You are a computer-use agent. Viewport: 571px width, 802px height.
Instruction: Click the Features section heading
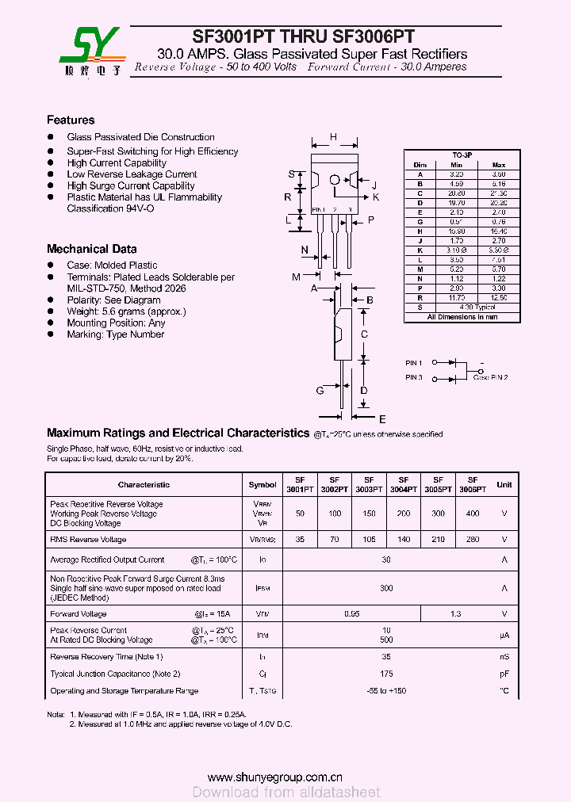click(71, 120)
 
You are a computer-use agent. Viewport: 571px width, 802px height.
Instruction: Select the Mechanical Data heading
click(91, 249)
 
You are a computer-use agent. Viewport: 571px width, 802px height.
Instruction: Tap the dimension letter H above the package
click(334, 137)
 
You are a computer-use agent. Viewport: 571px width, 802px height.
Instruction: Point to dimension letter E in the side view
click(382, 419)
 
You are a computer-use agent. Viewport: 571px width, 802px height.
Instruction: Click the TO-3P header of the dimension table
click(462, 155)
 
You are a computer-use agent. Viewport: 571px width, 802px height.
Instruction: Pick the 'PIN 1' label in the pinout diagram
click(414, 363)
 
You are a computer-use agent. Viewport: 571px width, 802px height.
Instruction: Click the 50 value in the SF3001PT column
click(300, 514)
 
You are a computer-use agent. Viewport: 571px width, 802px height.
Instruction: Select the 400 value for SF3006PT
click(473, 514)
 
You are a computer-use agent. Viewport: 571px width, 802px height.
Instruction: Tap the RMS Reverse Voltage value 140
click(404, 540)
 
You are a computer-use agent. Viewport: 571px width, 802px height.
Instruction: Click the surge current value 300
click(386, 588)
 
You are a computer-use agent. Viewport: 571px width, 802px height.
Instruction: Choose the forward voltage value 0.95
click(352, 614)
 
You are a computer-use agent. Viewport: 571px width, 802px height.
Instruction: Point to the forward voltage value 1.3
click(455, 614)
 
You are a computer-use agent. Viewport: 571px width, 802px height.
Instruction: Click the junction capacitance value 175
click(386, 674)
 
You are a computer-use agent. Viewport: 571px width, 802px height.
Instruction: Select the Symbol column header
click(263, 484)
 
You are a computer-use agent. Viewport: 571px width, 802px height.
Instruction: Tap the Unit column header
click(504, 484)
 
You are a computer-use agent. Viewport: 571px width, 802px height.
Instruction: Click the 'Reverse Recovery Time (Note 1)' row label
click(106, 657)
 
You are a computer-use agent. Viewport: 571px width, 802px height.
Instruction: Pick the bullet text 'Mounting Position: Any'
click(116, 323)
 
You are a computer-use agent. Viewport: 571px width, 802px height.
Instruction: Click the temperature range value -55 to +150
click(386, 691)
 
